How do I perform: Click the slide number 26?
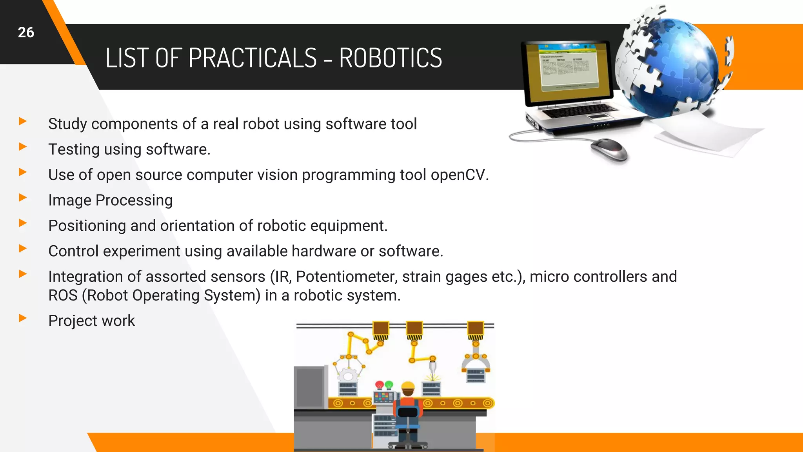pos(26,33)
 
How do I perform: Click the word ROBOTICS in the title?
pos(390,58)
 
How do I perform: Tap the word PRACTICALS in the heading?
pos(252,58)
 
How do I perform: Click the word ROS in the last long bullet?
pos(63,295)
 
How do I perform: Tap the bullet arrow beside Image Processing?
pos(23,197)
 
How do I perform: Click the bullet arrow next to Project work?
pos(23,318)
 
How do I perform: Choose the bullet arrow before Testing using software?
pos(23,147)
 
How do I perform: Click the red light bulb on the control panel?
pos(380,385)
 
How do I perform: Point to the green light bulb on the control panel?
pos(389,385)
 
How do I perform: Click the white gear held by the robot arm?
pos(347,375)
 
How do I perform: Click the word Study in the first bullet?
pos(67,124)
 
